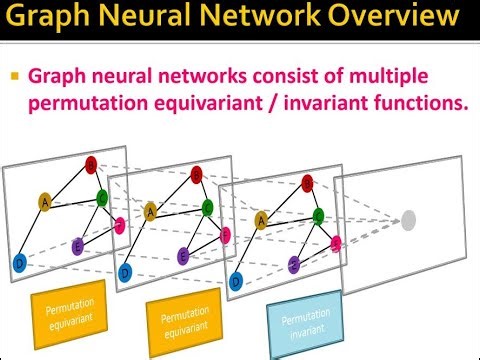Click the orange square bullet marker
click(x=15, y=76)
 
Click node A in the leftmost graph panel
click(x=44, y=202)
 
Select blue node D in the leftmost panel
click(x=19, y=263)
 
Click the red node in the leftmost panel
click(x=92, y=164)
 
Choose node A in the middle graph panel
click(x=150, y=210)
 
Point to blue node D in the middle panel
click(x=125, y=272)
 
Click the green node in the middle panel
click(x=207, y=208)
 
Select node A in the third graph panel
click(x=262, y=220)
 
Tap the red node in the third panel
click(x=307, y=182)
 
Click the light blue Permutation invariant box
click(x=306, y=328)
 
